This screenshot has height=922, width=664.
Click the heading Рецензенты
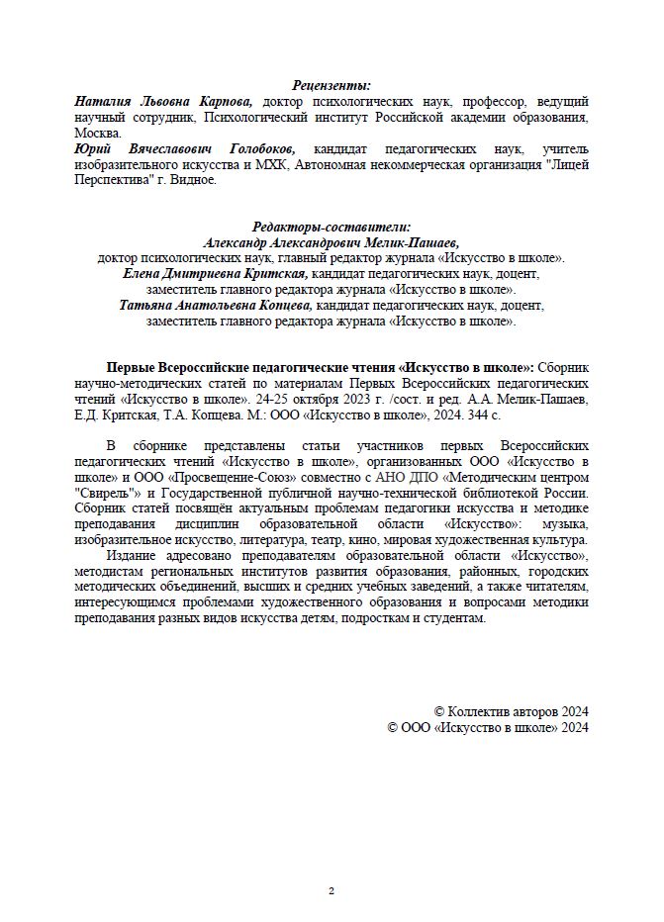coord(332,86)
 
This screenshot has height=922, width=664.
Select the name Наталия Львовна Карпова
coord(163,101)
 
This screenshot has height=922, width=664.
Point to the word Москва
coord(97,132)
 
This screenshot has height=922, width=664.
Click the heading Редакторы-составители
coord(332,227)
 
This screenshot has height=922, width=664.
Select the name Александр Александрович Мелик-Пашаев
coord(332,241)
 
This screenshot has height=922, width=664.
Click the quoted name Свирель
coord(108,493)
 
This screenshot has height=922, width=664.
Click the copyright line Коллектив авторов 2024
coord(512,711)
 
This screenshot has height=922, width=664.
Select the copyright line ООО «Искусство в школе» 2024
coord(489,727)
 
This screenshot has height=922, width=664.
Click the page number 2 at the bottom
coord(332,890)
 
